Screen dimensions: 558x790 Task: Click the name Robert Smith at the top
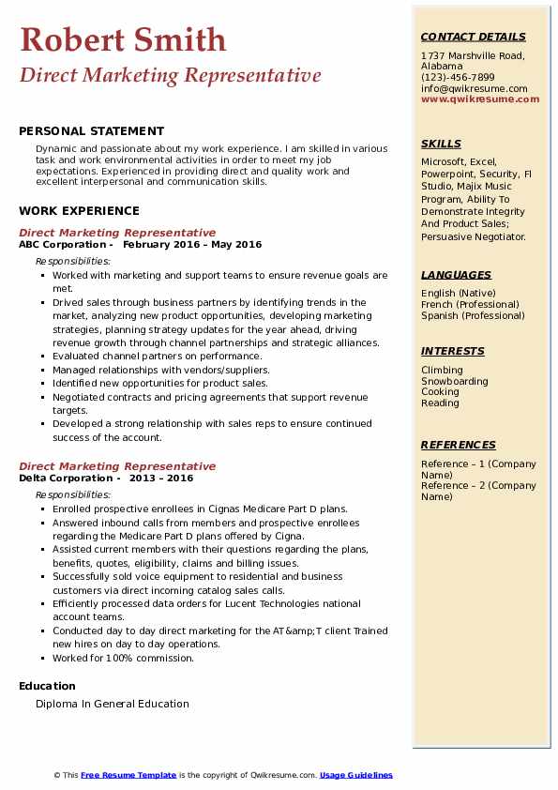pos(123,40)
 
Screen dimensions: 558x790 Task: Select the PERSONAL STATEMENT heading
pos(91,131)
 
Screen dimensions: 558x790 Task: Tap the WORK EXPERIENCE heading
pos(79,211)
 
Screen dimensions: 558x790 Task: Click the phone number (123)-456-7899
pos(458,78)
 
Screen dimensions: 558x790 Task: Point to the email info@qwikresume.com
pos(474,89)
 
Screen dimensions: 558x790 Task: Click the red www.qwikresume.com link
pos(480,99)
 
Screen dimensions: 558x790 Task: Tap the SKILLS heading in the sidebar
pos(441,144)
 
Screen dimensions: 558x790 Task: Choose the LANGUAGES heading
pos(456,276)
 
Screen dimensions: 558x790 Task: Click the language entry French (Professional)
pos(470,305)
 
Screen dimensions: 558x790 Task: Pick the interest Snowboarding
pos(455,382)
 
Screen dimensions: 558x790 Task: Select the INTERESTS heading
pos(453,352)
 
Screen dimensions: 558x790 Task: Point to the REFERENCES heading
pos(459,446)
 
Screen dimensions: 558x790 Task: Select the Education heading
pos(47,686)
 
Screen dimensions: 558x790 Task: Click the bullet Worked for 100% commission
pos(123,659)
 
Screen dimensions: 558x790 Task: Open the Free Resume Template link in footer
pos(128,775)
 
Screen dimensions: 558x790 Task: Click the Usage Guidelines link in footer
pos(356,775)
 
